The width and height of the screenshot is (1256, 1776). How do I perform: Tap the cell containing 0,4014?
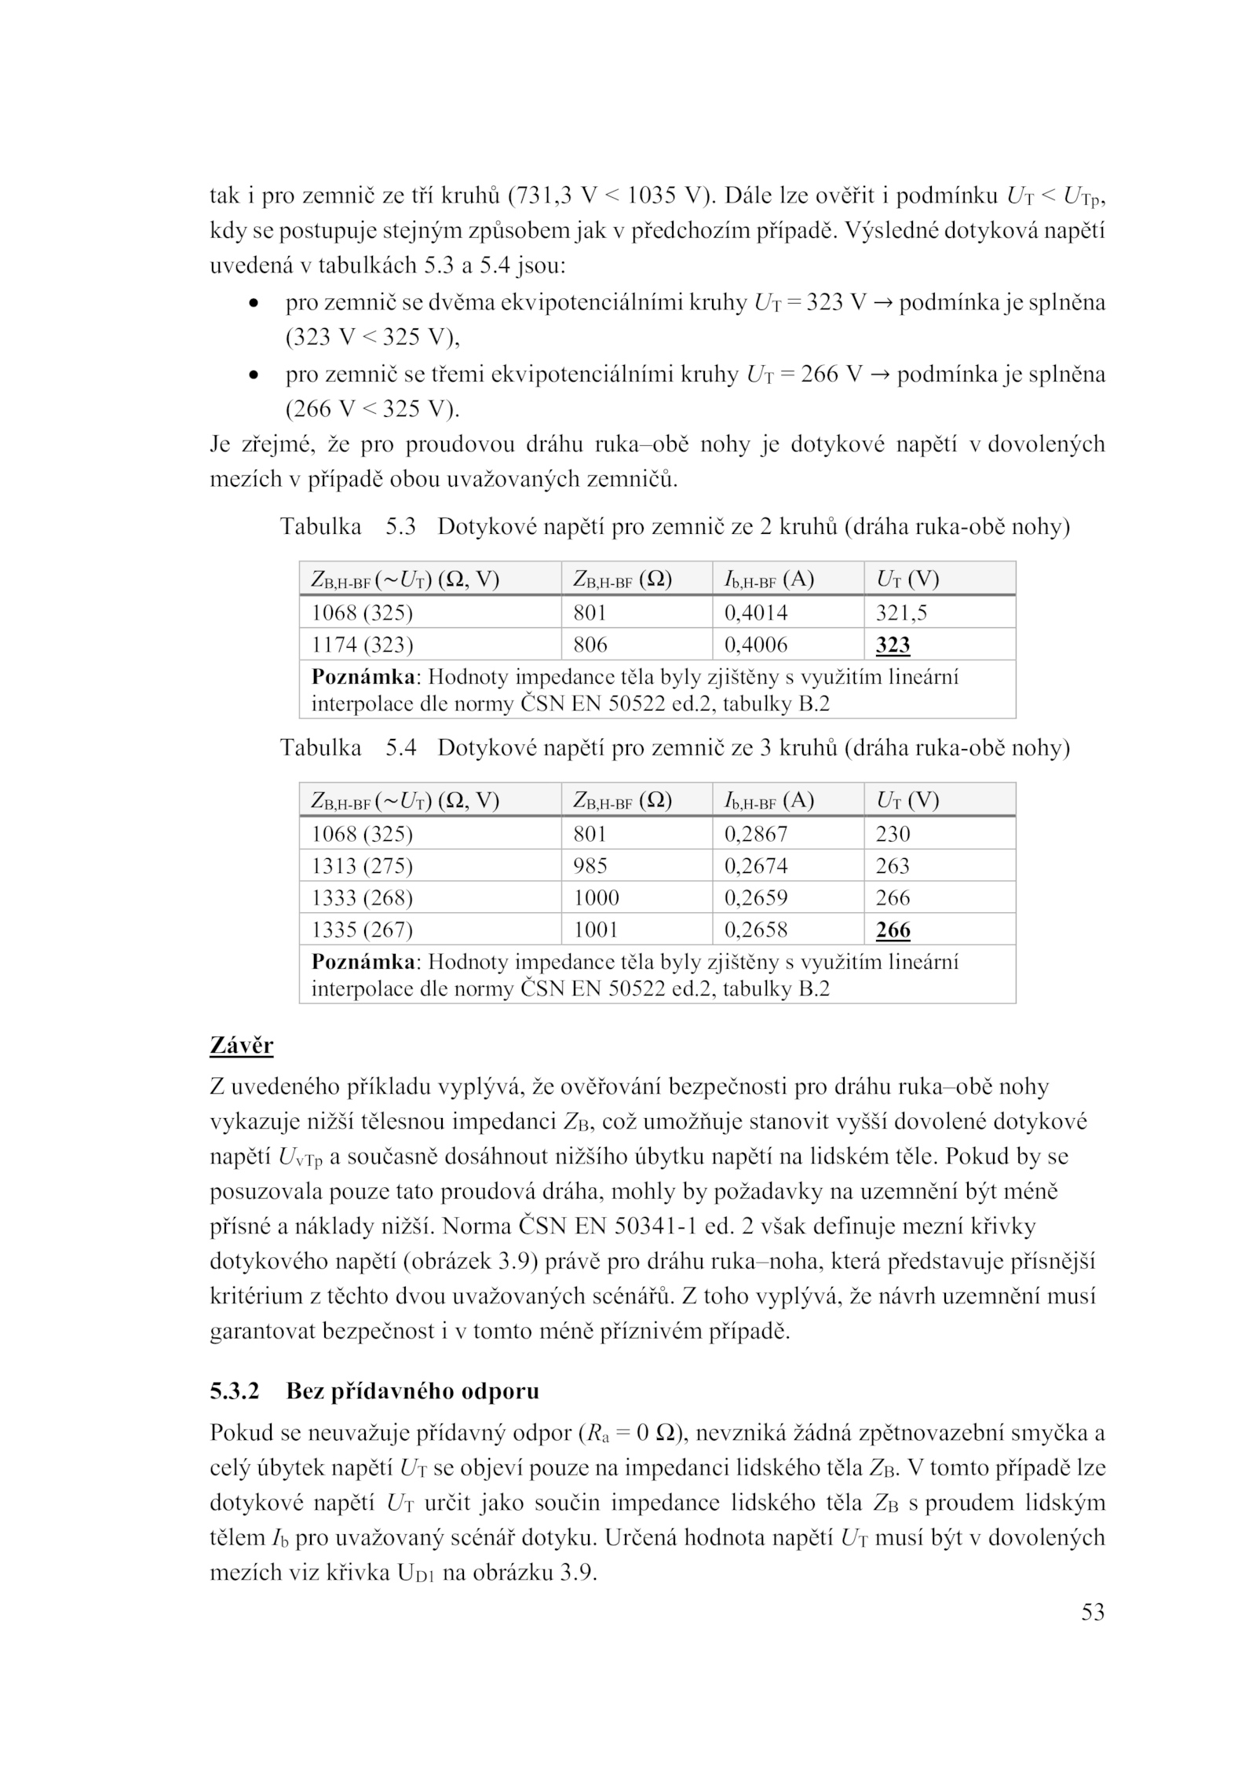click(x=755, y=612)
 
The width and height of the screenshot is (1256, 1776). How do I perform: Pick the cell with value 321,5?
click(x=901, y=612)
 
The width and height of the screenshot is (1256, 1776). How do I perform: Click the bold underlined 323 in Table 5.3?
click(x=893, y=645)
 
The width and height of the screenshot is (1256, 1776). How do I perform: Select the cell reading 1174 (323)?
click(x=362, y=645)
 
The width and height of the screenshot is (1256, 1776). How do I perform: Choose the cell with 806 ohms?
click(x=590, y=645)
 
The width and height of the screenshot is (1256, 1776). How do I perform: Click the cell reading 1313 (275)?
click(x=362, y=866)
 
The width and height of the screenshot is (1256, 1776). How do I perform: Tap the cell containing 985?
click(x=590, y=866)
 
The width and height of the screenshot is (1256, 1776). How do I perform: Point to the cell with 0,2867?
click(x=755, y=834)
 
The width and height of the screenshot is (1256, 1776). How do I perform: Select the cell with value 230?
click(x=893, y=834)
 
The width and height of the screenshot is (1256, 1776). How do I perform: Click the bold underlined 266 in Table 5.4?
click(x=893, y=930)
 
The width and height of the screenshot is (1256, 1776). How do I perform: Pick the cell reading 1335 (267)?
click(x=362, y=930)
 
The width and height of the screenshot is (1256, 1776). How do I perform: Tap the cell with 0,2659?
click(x=755, y=898)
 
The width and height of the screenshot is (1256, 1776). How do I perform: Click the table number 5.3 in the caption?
click(x=400, y=526)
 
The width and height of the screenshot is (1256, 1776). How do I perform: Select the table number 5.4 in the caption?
click(x=400, y=747)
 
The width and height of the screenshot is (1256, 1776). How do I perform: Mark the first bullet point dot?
click(x=252, y=303)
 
